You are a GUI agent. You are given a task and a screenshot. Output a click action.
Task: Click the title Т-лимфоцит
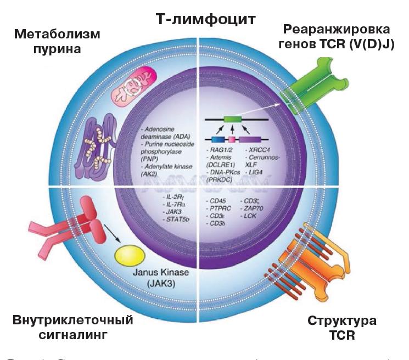[205, 20]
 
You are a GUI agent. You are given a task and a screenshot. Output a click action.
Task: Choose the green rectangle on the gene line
[232, 119]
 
